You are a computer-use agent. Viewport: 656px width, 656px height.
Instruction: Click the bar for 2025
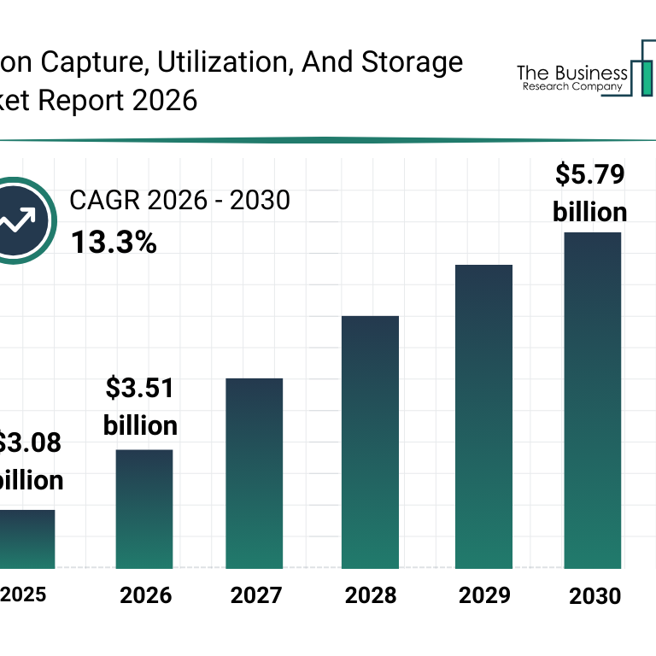pyautogui.click(x=27, y=539)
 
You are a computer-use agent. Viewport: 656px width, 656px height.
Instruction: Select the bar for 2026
pyautogui.click(x=144, y=509)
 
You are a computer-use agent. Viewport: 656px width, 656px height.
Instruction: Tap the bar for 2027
pyautogui.click(x=255, y=473)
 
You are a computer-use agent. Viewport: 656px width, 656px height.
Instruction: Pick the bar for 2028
pyautogui.click(x=370, y=442)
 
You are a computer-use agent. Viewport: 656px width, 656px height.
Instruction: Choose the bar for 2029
pyautogui.click(x=483, y=417)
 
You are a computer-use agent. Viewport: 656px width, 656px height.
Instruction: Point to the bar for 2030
pyautogui.click(x=592, y=400)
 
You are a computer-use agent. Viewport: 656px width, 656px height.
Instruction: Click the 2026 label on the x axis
pyautogui.click(x=145, y=595)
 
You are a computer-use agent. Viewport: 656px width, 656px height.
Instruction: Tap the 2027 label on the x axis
pyautogui.click(x=257, y=595)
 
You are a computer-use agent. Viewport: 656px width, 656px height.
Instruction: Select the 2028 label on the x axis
pyautogui.click(x=371, y=595)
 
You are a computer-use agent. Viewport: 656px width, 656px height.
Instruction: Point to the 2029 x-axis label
pyautogui.click(x=483, y=595)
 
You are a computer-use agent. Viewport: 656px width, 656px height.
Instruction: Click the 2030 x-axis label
pyautogui.click(x=595, y=595)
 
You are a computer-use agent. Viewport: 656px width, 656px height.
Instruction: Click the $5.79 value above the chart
pyautogui.click(x=590, y=175)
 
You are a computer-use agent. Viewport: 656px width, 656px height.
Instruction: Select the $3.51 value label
pyautogui.click(x=141, y=389)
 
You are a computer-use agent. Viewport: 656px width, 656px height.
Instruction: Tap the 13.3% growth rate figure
pyautogui.click(x=114, y=243)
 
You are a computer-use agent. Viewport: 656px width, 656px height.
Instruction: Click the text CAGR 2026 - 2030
pyautogui.click(x=180, y=201)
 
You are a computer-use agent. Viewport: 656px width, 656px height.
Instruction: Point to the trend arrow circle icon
pyautogui.click(x=19, y=221)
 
